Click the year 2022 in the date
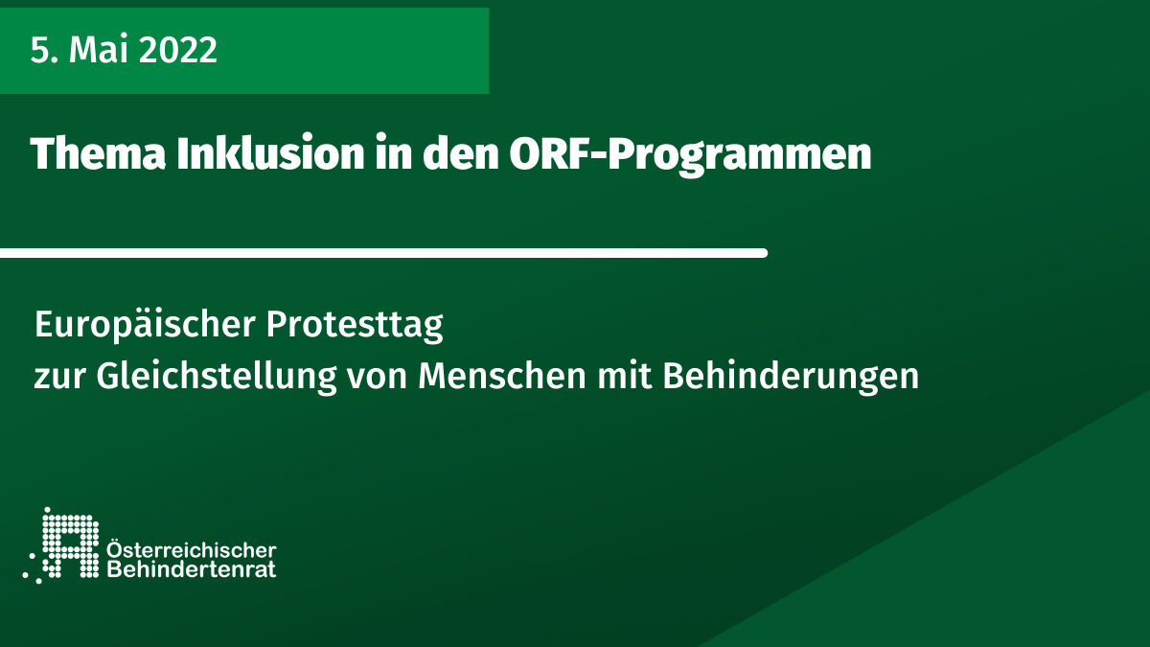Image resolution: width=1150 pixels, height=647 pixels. tap(177, 50)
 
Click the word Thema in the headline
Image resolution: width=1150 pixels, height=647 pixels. tap(98, 153)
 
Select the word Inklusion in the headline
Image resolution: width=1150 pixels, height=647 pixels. tap(270, 153)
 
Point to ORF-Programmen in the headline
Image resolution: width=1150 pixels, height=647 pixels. tap(690, 155)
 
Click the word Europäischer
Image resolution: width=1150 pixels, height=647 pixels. tap(146, 325)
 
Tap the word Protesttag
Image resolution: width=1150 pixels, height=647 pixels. tap(355, 326)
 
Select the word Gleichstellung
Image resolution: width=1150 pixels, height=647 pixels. tap(217, 377)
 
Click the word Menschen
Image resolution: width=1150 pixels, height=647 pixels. tap(502, 376)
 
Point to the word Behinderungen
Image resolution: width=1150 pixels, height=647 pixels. tap(791, 377)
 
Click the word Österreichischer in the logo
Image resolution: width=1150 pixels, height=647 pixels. tap(192, 549)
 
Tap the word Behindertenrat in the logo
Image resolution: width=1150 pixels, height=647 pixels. tap(192, 569)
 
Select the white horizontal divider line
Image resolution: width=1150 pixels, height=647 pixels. tap(383, 253)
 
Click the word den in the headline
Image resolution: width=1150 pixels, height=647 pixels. tap(461, 153)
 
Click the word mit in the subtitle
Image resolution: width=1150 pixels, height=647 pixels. tap(624, 376)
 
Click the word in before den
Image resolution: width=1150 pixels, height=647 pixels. tap(393, 153)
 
